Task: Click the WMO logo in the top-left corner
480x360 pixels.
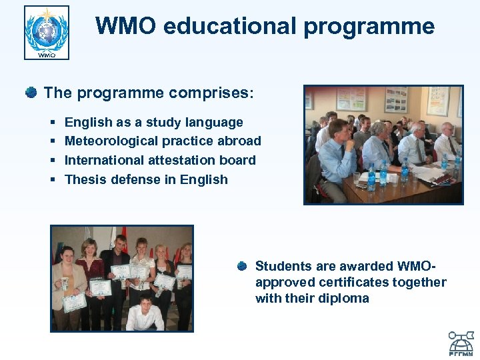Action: pyautogui.click(x=47, y=33)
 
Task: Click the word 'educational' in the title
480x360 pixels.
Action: pyautogui.click(x=221, y=26)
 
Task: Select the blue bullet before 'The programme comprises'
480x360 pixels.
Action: pyautogui.click(x=31, y=92)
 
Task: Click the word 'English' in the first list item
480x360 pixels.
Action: pyautogui.click(x=87, y=122)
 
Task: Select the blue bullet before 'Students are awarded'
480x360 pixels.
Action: pyautogui.click(x=242, y=266)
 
